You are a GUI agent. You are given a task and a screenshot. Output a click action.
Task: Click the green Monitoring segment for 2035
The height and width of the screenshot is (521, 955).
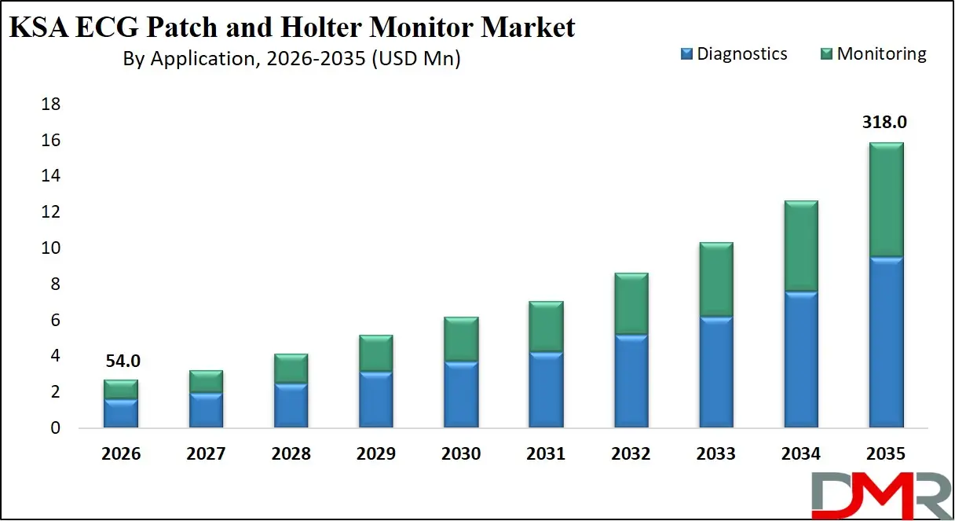(x=885, y=200)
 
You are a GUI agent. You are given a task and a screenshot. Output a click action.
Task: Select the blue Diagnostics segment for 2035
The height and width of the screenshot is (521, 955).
(x=885, y=342)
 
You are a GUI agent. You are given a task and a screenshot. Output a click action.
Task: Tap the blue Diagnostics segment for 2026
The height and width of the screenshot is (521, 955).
(x=121, y=413)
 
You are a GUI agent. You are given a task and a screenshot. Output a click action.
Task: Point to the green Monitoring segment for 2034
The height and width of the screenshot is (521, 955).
(x=800, y=246)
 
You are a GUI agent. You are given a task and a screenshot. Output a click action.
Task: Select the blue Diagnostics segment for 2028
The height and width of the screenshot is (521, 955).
(x=291, y=405)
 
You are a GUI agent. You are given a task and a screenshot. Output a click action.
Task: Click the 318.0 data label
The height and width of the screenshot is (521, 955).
(x=885, y=123)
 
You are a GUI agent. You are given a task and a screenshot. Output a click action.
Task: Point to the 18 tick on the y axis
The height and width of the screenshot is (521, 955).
(x=49, y=105)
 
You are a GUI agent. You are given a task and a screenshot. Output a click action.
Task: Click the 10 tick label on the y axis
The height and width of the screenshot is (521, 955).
(x=49, y=248)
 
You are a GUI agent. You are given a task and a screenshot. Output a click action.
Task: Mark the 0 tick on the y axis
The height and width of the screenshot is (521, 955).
(x=54, y=428)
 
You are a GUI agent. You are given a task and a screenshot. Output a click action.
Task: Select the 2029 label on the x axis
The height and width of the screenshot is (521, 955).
(x=375, y=454)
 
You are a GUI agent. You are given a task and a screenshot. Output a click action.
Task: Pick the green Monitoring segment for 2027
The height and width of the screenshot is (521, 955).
(x=206, y=381)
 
